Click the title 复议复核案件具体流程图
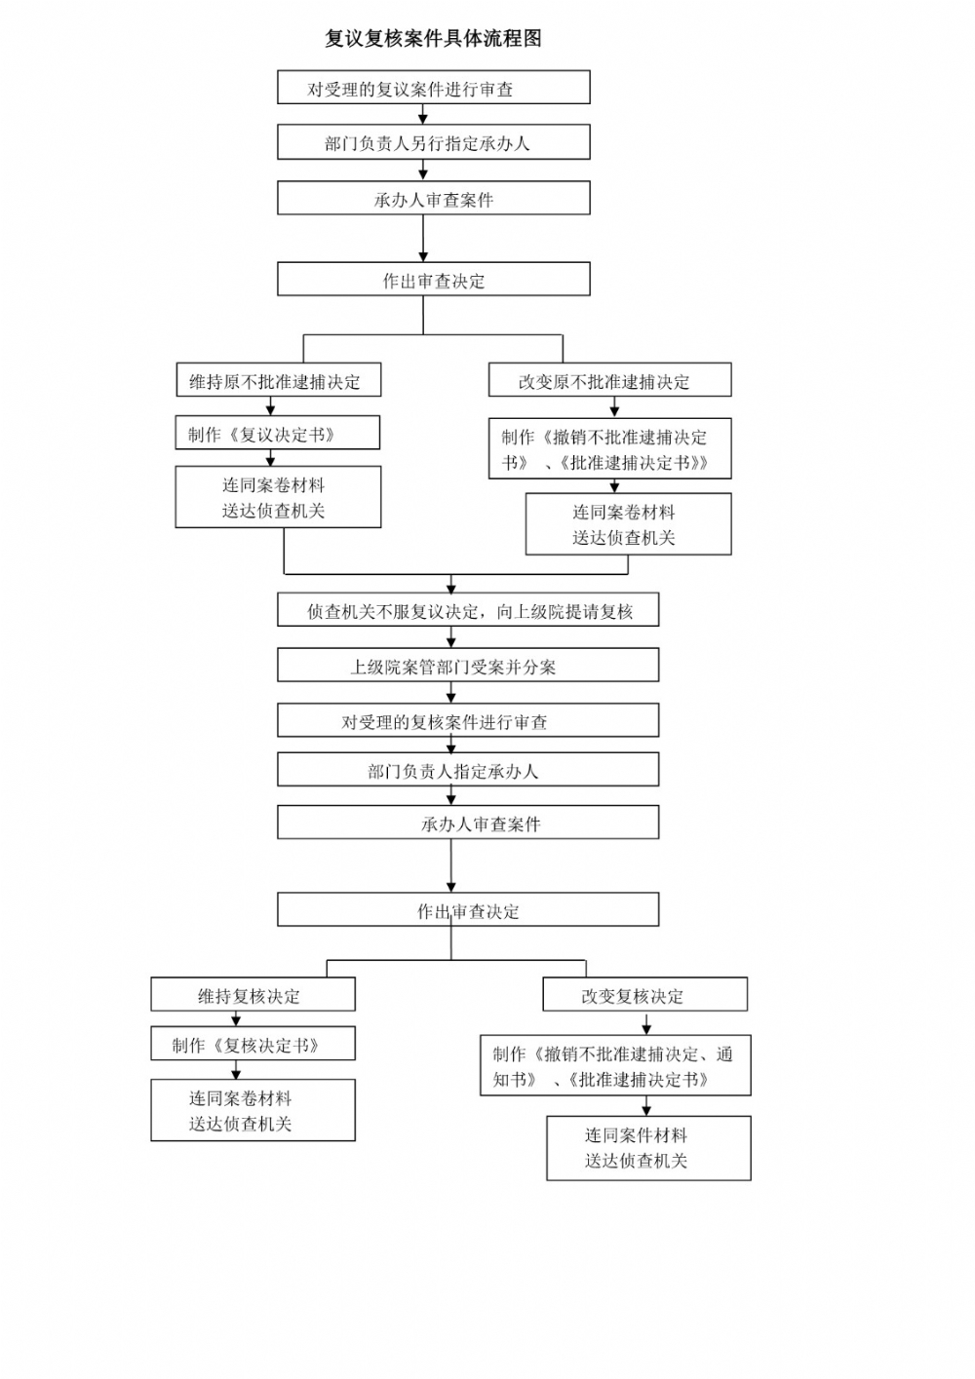tap(433, 39)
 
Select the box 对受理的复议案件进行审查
tap(433, 88)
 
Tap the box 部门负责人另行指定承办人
tap(433, 142)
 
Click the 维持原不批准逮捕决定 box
tap(278, 381)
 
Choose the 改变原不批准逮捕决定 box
tap(609, 381)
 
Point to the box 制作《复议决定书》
tap(278, 434)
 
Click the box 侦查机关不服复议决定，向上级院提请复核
tap(468, 611)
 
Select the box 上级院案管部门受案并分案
tap(468, 666)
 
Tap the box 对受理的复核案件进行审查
tap(468, 721)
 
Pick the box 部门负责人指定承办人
tap(468, 770)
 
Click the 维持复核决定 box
tap(253, 995)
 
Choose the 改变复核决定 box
tap(644, 995)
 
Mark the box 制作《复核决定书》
tap(253, 1045)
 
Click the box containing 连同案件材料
tap(648, 1148)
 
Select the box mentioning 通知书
tap(615, 1066)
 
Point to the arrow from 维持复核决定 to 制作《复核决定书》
tap(236, 1018)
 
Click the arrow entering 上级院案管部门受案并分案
tap(450, 638)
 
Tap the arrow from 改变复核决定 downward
tap(646, 1023)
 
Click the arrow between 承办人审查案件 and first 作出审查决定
tap(423, 239)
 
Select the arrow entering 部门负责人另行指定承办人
tap(423, 115)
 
